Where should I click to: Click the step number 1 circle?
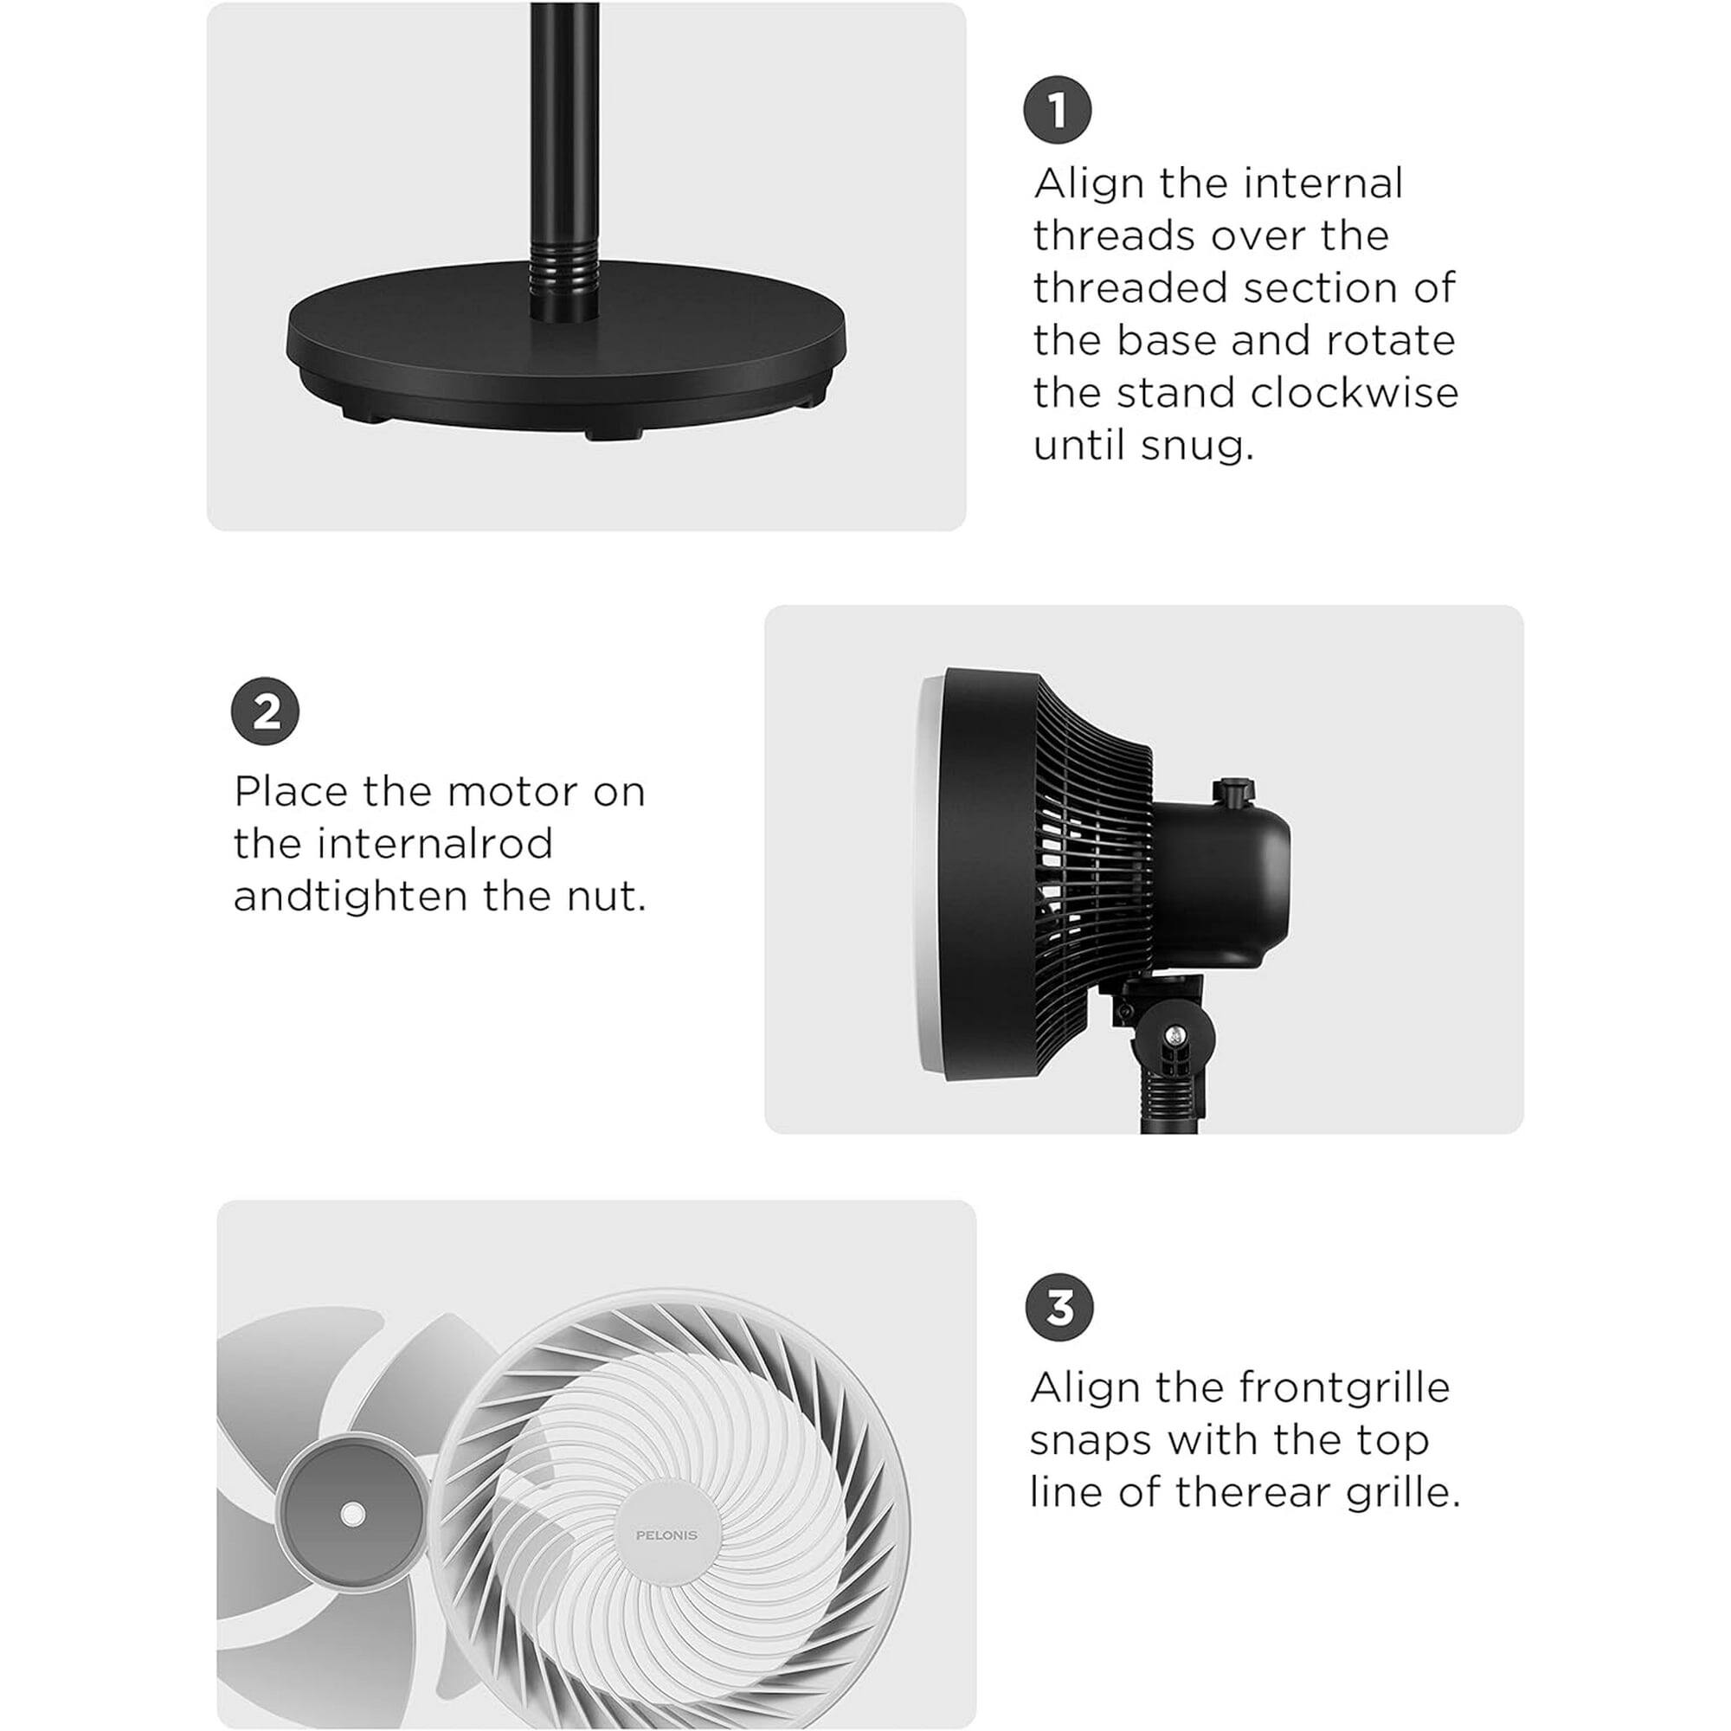1058,110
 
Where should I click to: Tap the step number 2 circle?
265,711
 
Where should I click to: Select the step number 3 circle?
1059,1307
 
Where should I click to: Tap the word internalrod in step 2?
438,844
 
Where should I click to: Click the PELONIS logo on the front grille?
666,1535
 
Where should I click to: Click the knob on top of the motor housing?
1231,790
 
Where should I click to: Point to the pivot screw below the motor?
1174,1037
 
